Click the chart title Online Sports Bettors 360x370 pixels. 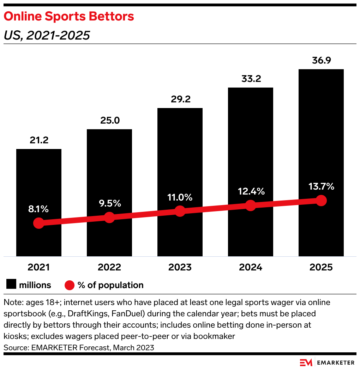point(69,16)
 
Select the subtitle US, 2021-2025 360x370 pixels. point(47,35)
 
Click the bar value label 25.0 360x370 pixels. point(109,121)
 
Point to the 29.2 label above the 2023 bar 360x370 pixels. point(180,100)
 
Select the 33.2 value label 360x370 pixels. point(251,79)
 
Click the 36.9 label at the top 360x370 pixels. point(321,60)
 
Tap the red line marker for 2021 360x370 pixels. point(39,223)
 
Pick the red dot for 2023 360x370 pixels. point(180,211)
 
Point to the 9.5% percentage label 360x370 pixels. point(109,203)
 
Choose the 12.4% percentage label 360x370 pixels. point(251,192)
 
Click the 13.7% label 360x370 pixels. point(321,187)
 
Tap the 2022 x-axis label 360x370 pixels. point(109,267)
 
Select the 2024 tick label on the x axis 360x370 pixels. point(251,267)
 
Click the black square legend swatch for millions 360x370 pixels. point(11,285)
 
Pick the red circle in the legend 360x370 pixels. point(70,285)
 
